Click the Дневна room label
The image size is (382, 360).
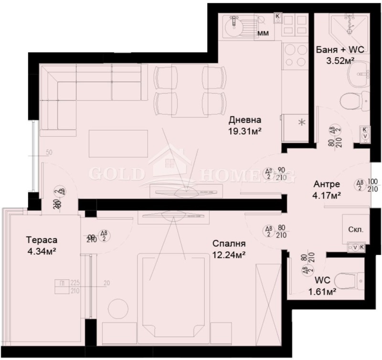tap(244, 120)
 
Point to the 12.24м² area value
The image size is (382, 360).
tap(229, 254)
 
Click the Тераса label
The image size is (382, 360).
tap(42, 240)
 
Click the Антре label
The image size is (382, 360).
tap(313, 184)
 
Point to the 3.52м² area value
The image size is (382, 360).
tap(340, 61)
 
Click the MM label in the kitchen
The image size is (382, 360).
tap(262, 33)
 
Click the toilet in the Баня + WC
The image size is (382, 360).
tap(353, 100)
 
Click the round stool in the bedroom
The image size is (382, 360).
tap(117, 308)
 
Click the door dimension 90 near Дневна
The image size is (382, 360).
tap(281, 170)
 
